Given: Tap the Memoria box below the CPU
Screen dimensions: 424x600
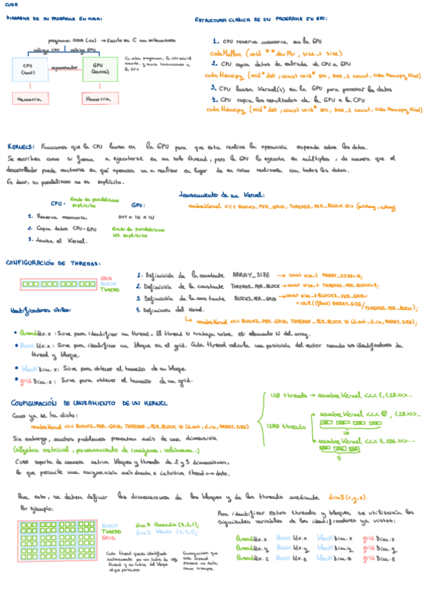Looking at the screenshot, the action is (29, 100).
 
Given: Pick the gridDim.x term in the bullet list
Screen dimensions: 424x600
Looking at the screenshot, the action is (33, 379).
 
